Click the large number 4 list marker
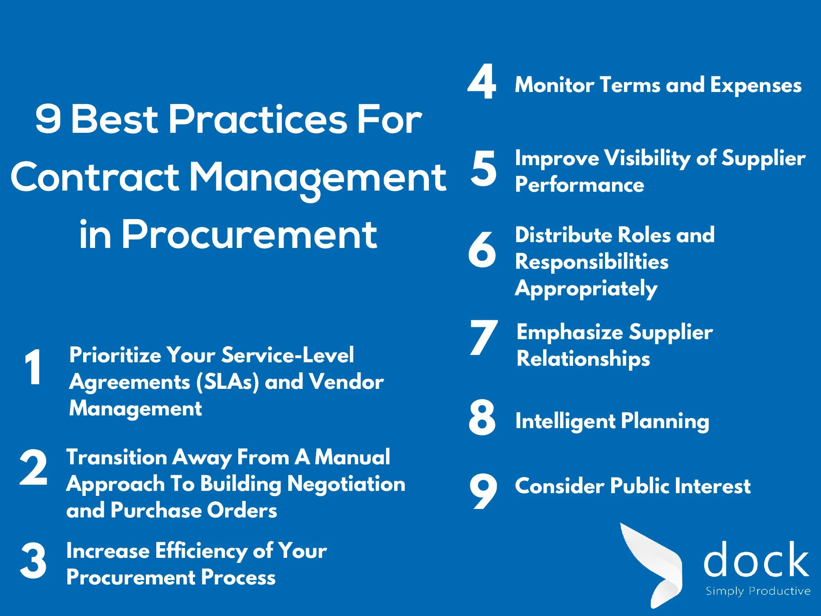coord(482,81)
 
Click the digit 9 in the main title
coord(48,119)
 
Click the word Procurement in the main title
coord(249,234)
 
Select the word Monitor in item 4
coord(554,85)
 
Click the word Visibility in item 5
coord(647,159)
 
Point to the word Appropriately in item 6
coord(586,289)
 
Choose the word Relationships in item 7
coord(583,359)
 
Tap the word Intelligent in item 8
coord(565,421)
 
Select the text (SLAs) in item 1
coord(227,382)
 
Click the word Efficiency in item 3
coord(201,551)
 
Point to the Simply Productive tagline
coord(758,591)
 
